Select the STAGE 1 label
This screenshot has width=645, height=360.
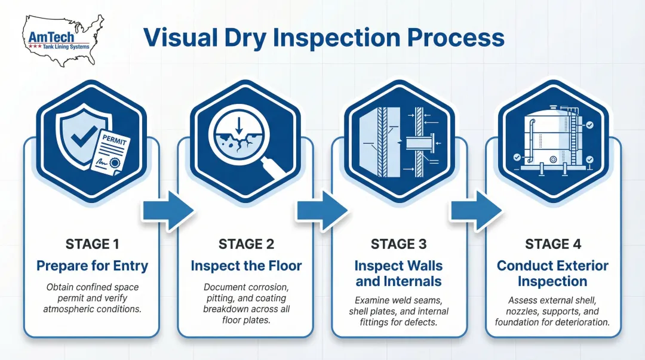tap(92, 244)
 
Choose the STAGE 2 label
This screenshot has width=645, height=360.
tap(246, 244)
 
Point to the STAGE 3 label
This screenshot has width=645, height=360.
tap(398, 244)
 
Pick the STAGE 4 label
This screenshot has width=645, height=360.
tap(552, 244)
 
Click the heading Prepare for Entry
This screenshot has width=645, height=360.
tap(92, 266)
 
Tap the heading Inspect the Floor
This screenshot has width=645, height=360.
tap(246, 266)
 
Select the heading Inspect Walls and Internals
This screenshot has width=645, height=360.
tap(398, 273)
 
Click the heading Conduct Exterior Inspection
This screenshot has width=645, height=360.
tap(552, 273)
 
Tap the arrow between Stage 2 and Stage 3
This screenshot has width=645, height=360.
tap(322, 210)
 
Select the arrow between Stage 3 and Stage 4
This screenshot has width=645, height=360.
tap(475, 210)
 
